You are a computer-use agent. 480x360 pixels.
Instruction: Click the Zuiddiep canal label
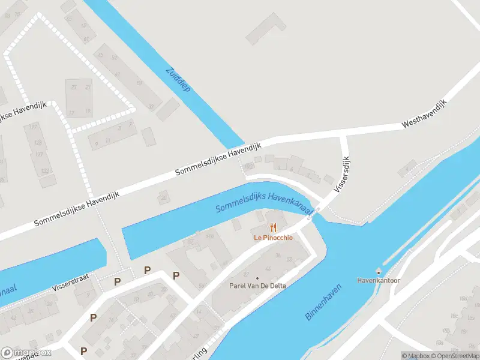[178, 79]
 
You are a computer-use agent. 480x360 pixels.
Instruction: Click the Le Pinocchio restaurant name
[273, 238]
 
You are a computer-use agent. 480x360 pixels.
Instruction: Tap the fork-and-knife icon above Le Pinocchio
[274, 227]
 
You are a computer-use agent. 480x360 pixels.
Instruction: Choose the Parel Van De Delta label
[257, 286]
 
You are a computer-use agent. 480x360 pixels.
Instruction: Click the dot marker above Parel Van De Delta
[257, 278]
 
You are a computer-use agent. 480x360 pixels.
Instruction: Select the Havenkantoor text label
[379, 280]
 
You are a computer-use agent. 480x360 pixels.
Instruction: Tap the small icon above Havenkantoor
[379, 272]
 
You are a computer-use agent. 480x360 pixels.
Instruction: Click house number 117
[34, 127]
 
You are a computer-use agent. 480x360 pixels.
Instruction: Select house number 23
[74, 88]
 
